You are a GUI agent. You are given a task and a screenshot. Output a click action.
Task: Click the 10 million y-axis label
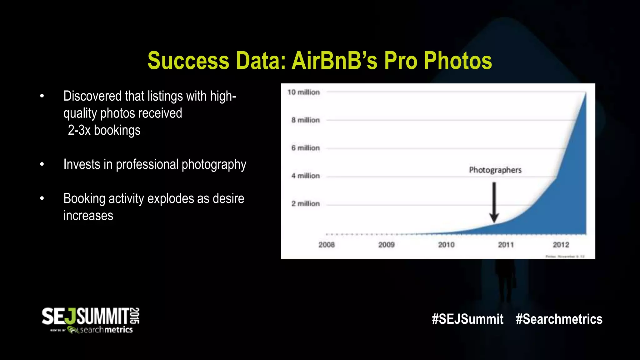pyautogui.click(x=303, y=92)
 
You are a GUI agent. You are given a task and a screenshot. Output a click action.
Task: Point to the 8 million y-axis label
pyautogui.click(x=305, y=120)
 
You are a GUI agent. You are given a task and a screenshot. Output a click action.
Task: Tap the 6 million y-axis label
pyautogui.click(x=305, y=148)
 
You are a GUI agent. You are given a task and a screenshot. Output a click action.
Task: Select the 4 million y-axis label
pyautogui.click(x=305, y=176)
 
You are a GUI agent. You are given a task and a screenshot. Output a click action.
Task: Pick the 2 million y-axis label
pyautogui.click(x=305, y=204)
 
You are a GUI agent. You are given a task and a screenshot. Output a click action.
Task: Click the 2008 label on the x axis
pyautogui.click(x=327, y=245)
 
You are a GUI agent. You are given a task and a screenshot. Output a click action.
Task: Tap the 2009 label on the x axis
pyautogui.click(x=386, y=245)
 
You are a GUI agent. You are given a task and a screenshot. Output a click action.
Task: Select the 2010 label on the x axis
pyautogui.click(x=446, y=245)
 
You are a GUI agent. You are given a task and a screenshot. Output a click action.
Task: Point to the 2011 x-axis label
pyautogui.click(x=506, y=245)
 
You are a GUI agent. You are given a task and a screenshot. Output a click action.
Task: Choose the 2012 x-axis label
pyautogui.click(x=561, y=245)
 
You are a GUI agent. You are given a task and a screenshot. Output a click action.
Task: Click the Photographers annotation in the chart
pyautogui.click(x=495, y=170)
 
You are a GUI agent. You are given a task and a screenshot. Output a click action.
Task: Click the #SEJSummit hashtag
pyautogui.click(x=467, y=319)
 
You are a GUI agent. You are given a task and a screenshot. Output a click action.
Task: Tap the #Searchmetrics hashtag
pyautogui.click(x=559, y=319)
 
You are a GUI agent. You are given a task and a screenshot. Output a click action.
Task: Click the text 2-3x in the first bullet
pyautogui.click(x=79, y=130)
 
